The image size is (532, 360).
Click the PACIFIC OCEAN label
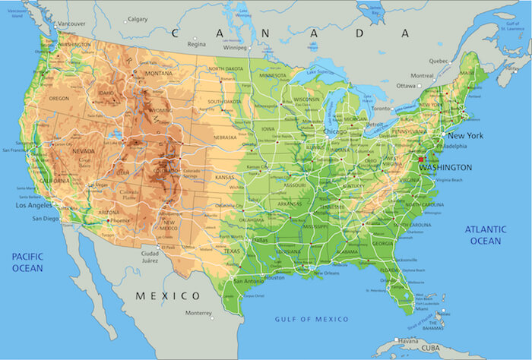point(27,263)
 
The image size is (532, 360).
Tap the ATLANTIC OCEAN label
point(485,235)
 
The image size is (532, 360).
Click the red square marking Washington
point(422,159)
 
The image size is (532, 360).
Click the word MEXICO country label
point(168,295)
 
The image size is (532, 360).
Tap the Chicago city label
point(334,131)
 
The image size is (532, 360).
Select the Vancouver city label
point(71,24)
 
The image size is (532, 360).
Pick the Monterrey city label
point(199,313)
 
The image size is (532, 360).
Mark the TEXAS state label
point(231,252)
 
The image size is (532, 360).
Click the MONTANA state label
point(159,73)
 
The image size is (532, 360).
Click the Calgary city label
point(138,20)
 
